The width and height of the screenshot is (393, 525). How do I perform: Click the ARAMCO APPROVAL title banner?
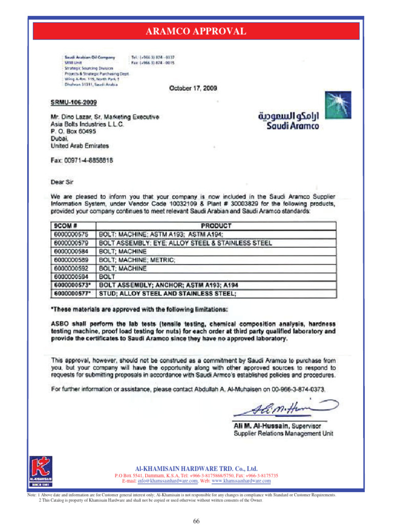196,32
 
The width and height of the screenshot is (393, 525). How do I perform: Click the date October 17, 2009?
193,88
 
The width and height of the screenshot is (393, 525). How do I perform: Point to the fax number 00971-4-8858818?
81,160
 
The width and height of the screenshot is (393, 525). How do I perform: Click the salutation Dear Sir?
63,181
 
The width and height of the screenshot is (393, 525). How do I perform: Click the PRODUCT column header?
216,226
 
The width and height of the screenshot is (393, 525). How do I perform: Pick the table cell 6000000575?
71,234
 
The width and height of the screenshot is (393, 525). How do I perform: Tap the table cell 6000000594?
71,277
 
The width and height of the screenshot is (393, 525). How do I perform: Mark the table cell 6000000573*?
72,285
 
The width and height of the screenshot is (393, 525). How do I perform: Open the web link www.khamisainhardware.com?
241,481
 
